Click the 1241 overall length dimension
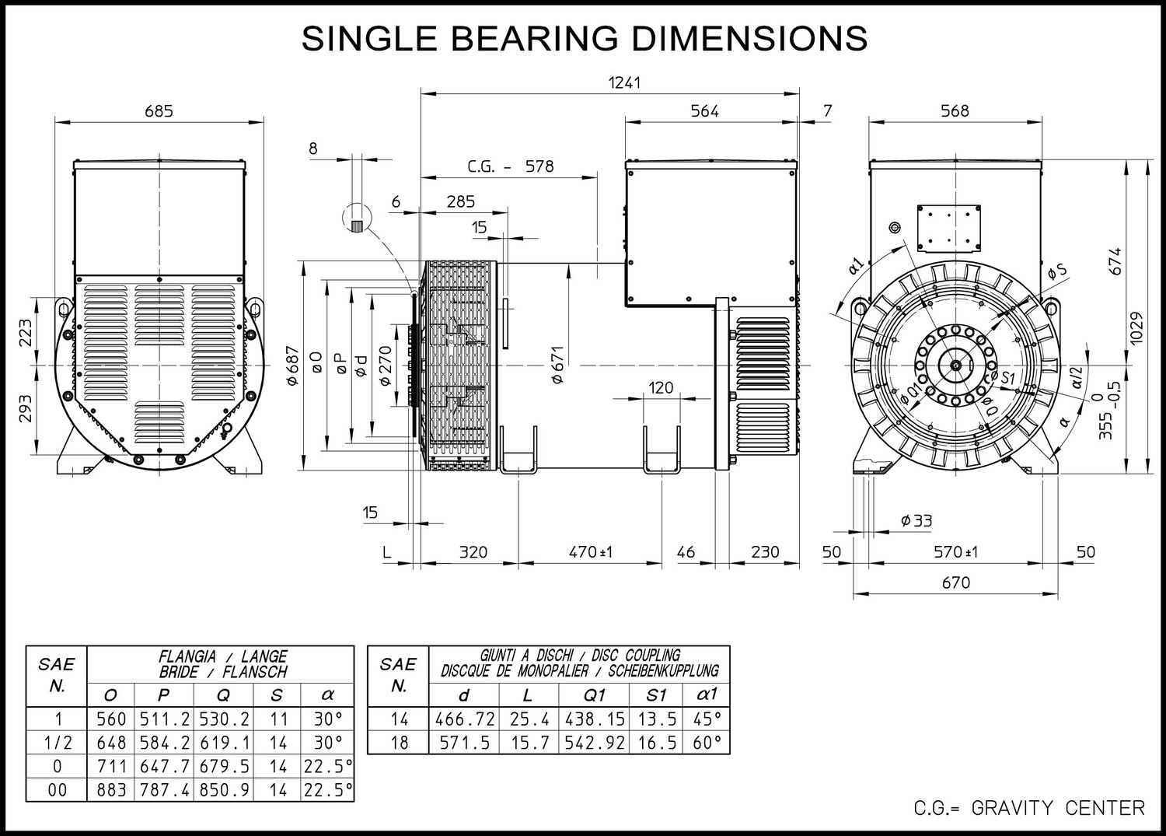click(624, 82)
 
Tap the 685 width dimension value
click(159, 111)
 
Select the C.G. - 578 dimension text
click(510, 166)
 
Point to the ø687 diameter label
click(293, 366)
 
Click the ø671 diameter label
click(557, 366)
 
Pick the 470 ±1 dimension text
click(590, 551)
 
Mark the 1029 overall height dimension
click(1136, 327)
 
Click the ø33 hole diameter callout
click(916, 520)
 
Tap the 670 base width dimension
click(955, 582)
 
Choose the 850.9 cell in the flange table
click(224, 790)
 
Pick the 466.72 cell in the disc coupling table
click(465, 719)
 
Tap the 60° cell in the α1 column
click(707, 743)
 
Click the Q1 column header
click(595, 695)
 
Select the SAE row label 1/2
click(58, 743)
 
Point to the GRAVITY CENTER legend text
click(1058, 808)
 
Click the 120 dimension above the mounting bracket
click(661, 387)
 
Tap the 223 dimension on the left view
click(26, 332)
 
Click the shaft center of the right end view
click(955, 366)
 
